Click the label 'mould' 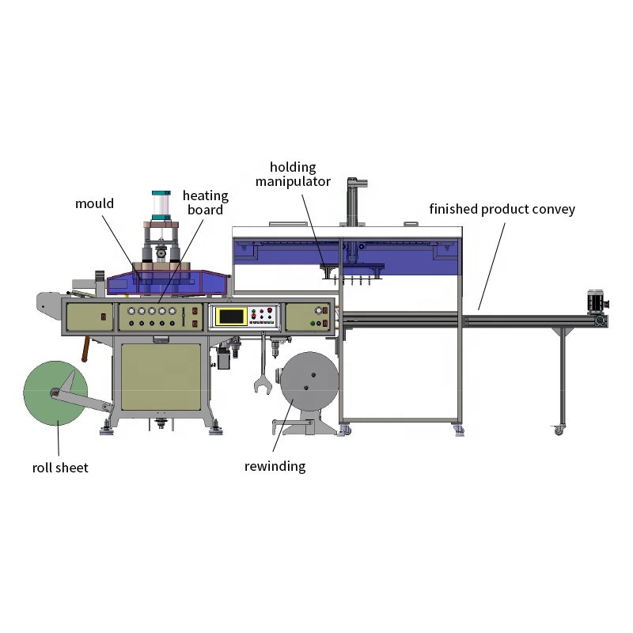(95, 203)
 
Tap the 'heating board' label (205, 203)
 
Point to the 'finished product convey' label (502, 209)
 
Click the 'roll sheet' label (60, 468)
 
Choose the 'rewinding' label (275, 466)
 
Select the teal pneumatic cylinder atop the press (162, 206)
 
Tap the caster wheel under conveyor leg (559, 430)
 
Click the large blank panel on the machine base (160, 377)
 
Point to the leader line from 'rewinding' (286, 427)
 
